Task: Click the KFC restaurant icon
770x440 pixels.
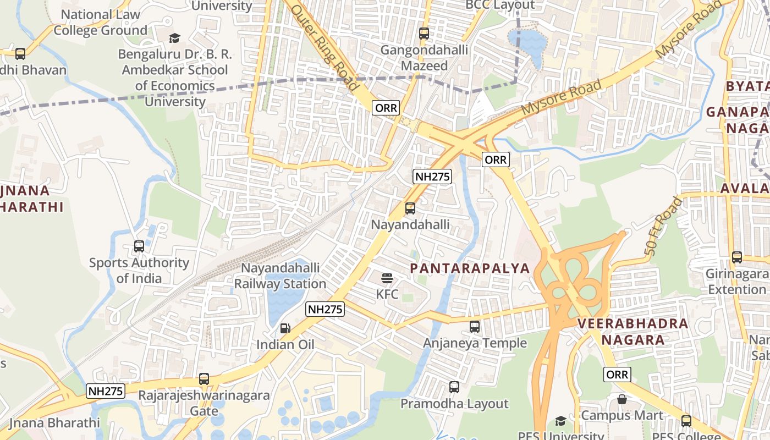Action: tap(387, 278)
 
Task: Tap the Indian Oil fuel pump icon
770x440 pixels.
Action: tap(285, 328)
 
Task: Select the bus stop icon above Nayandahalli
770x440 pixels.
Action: tap(410, 208)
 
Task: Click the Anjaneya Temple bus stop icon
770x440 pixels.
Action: tap(474, 327)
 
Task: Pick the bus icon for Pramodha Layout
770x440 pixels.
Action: tap(454, 387)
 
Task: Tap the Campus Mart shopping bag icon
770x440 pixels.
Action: tap(621, 399)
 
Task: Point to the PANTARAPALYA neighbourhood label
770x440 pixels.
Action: tap(470, 268)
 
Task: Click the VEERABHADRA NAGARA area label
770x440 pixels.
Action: tap(632, 332)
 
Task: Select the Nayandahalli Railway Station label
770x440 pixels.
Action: tap(280, 276)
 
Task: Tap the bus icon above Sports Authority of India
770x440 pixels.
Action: tap(139, 246)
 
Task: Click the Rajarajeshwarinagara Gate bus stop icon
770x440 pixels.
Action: tap(204, 379)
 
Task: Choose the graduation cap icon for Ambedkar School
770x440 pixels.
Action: tap(174, 38)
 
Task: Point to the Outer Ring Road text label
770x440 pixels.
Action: tap(324, 47)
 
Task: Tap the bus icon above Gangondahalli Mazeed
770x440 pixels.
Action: tap(424, 34)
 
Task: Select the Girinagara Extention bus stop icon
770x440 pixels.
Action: tap(736, 257)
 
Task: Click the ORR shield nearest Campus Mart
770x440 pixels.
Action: tap(617, 375)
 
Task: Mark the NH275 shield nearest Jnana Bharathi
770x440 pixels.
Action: tap(106, 391)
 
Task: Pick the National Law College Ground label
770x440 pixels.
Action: tap(100, 23)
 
